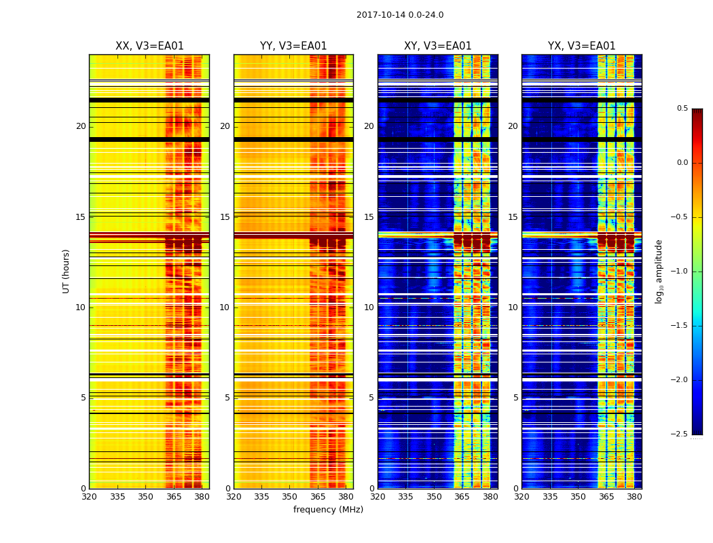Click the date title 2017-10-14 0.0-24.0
[x=400, y=15]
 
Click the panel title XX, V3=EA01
[x=149, y=46]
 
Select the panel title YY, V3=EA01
[x=293, y=46]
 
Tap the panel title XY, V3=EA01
[x=438, y=46]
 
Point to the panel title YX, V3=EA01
[x=582, y=46]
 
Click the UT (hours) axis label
[x=67, y=271]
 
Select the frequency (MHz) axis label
[x=328, y=510]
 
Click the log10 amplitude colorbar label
[x=659, y=271]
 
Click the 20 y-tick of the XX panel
[x=81, y=126]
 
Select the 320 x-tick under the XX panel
[x=89, y=497]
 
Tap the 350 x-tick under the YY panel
[x=289, y=497]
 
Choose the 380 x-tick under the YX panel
[x=634, y=497]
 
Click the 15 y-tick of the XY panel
[x=369, y=217]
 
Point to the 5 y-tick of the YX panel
[x=515, y=398]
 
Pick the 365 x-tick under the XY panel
[x=462, y=497]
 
